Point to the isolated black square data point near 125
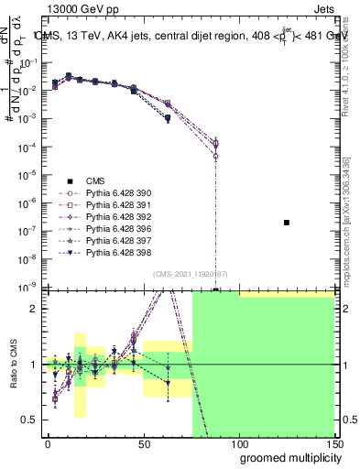coord(287,223)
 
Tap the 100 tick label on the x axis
coord(238,442)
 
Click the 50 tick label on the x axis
coord(143,442)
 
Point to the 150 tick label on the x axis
coord(333,442)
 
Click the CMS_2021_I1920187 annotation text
coord(191,274)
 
